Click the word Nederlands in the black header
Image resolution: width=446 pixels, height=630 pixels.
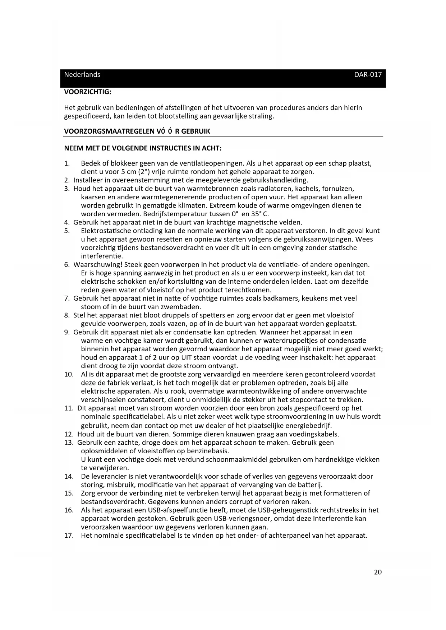(x=82, y=75)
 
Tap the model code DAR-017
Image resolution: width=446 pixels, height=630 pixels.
(x=368, y=75)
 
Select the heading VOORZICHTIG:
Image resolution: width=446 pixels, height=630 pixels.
(x=88, y=92)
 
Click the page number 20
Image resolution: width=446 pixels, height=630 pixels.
(x=378, y=572)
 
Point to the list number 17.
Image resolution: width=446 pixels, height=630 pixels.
(x=69, y=536)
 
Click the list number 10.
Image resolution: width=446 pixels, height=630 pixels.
(x=69, y=374)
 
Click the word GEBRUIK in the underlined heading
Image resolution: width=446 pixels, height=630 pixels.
(x=196, y=131)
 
